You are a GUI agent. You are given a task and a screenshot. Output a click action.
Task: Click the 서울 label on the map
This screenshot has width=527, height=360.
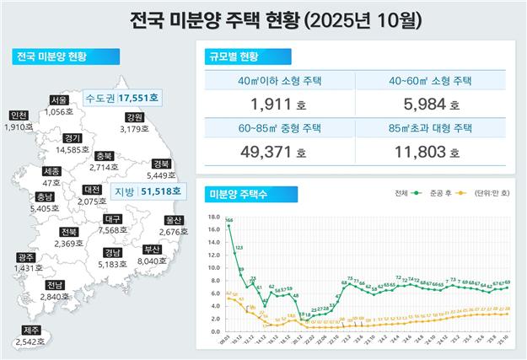58,99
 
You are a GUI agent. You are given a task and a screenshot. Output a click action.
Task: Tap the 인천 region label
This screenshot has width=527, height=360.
18,116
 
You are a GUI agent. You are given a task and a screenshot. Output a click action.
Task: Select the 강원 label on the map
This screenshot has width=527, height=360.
134,118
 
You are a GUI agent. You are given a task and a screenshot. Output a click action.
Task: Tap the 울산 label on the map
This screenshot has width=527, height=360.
175,220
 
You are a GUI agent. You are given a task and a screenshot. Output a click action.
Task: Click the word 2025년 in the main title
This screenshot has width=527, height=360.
314,18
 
